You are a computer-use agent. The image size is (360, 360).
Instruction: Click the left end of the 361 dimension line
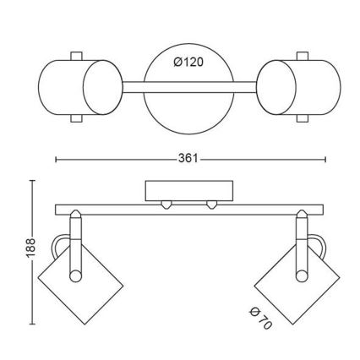click(x=56, y=158)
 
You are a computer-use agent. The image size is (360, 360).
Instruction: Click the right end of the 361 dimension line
click(x=325, y=158)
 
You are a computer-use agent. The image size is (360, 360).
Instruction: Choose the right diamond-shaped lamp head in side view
click(x=286, y=286)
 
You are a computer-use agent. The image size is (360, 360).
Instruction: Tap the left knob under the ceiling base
click(x=166, y=204)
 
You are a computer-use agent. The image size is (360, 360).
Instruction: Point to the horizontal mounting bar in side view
click(x=190, y=209)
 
